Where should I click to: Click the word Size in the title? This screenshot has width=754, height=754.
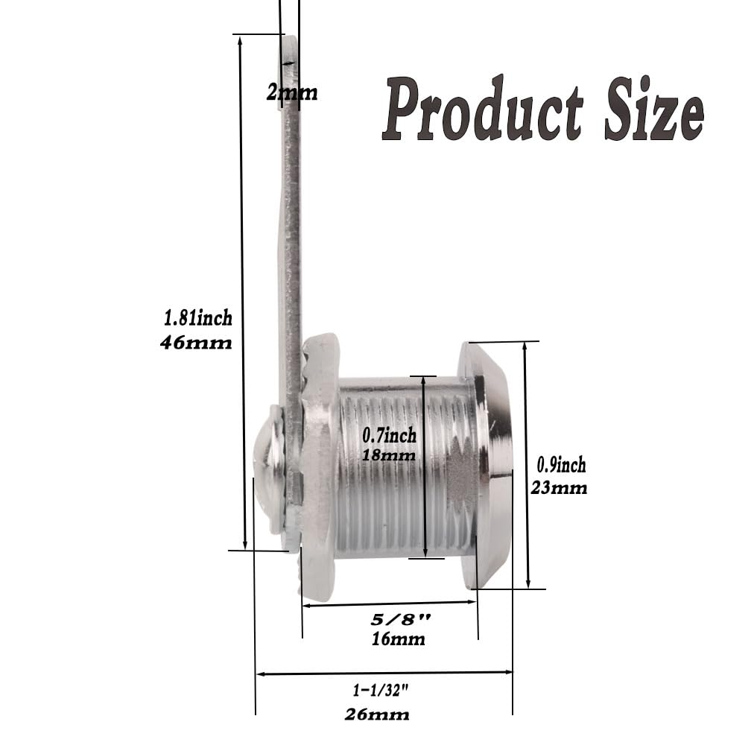pos(654,109)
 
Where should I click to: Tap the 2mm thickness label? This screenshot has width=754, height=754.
pos(292,92)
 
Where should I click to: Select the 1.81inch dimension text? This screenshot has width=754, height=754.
pos(198,318)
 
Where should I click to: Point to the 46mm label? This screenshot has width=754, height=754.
pos(196,343)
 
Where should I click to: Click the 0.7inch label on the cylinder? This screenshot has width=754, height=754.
pos(389,435)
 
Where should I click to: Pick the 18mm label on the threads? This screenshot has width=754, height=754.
pos(388,455)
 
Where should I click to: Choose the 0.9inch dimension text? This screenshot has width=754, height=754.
pos(561,465)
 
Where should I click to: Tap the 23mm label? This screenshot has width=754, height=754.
pos(559,488)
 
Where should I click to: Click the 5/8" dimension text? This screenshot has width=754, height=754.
pos(401,619)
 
